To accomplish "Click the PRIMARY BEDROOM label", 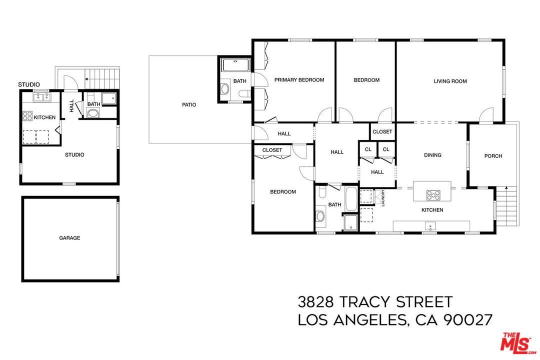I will coord(299,80).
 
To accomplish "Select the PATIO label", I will coord(189,105).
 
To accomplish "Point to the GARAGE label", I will coord(69,238).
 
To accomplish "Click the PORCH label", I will coord(493,156).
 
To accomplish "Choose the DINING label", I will coord(432,155).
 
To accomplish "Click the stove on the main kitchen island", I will coord(432,194).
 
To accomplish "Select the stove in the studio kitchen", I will coord(27,117).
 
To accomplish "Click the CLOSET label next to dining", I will coord(382,132).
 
